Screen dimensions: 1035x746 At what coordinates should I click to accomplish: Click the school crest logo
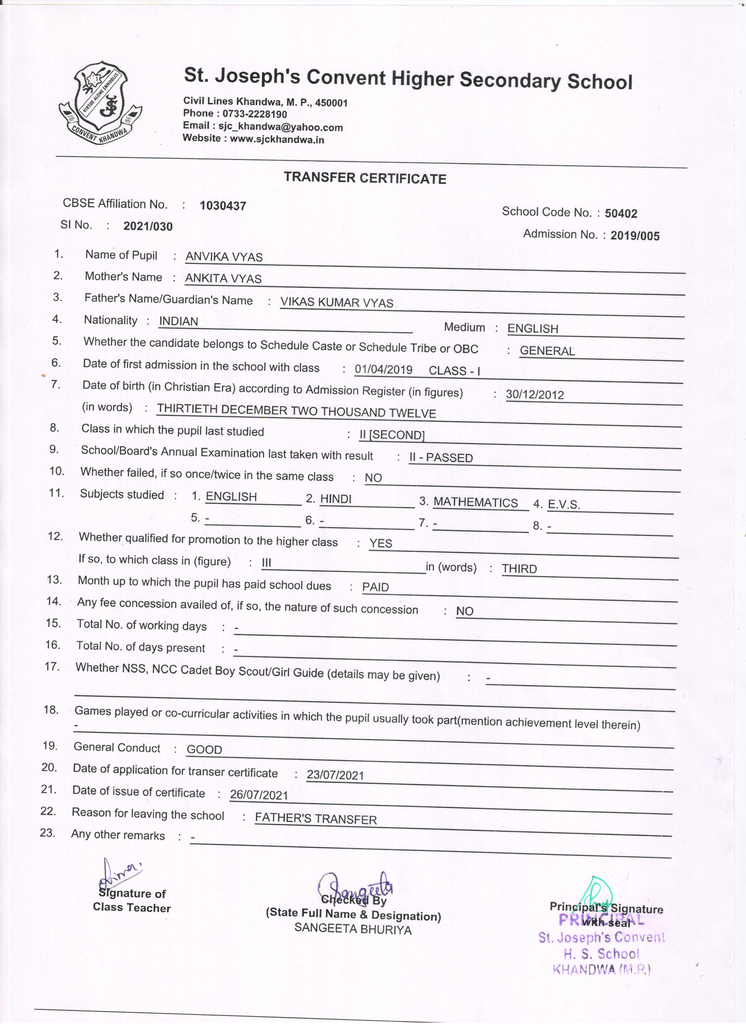[x=100, y=103]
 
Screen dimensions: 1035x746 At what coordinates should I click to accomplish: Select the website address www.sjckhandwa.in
[x=277, y=140]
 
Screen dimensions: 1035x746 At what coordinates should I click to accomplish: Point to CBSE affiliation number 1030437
[x=223, y=206]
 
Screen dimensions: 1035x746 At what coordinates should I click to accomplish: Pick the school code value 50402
[x=621, y=213]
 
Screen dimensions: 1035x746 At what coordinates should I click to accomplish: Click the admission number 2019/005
[x=635, y=236]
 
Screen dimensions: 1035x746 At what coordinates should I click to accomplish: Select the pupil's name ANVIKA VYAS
[x=224, y=257]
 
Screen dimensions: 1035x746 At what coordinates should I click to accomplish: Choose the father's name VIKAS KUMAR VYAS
[x=337, y=303]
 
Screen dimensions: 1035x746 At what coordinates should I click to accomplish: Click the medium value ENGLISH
[x=532, y=328]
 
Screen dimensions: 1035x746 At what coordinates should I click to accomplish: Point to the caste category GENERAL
[x=547, y=351]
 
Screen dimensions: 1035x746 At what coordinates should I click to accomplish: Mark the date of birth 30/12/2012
[x=535, y=395]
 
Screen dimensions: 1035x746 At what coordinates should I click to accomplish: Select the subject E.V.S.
[x=564, y=504]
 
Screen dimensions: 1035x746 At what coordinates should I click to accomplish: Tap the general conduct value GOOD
[x=205, y=749]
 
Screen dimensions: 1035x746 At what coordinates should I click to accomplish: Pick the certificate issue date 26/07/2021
[x=259, y=795]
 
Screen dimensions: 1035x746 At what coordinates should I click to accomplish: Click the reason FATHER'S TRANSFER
[x=316, y=819]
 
